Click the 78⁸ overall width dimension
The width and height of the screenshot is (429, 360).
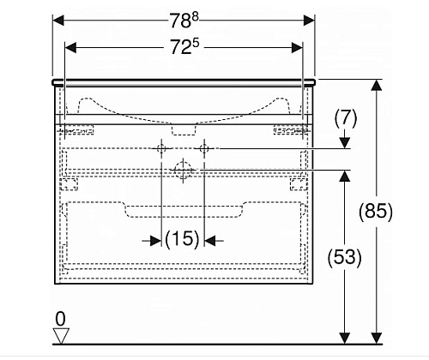[184, 21]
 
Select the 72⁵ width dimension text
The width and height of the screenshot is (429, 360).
[184, 46]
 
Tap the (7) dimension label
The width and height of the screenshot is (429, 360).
[346, 118]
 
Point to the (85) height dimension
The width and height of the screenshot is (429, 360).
[376, 212]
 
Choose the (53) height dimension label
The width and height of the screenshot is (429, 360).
[344, 257]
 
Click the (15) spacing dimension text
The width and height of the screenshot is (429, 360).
[182, 239]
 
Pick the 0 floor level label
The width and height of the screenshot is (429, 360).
[60, 319]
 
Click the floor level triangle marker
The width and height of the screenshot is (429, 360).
[61, 336]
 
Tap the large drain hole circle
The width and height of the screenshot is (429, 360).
[183, 171]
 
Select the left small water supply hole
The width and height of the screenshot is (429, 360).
[161, 148]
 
